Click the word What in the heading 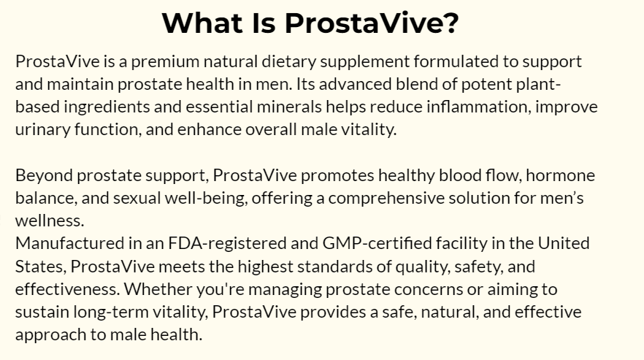click(x=202, y=23)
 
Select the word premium click(x=165, y=62)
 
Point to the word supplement click(x=365, y=62)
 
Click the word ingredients click(x=107, y=107)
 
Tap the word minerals click(x=289, y=107)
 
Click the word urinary click(x=42, y=130)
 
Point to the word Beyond click(x=44, y=176)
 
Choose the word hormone click(x=560, y=175)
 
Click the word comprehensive click(x=386, y=199)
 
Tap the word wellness click(x=50, y=221)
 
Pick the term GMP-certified click(x=377, y=243)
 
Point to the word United click(x=564, y=243)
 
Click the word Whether click(x=158, y=289)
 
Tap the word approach click(x=51, y=335)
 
